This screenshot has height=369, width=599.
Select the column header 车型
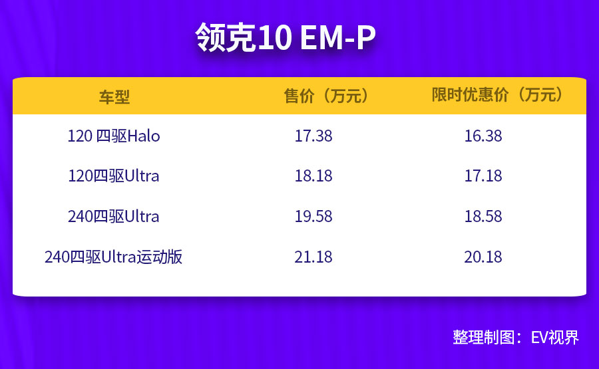(114, 96)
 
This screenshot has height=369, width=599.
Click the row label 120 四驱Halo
(114, 136)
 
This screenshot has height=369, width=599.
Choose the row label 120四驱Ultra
(114, 176)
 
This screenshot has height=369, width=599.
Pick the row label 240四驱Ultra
(114, 216)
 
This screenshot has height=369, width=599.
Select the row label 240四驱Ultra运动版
(114, 257)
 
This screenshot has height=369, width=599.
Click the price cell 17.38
(313, 136)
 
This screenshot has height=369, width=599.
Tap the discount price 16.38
(483, 136)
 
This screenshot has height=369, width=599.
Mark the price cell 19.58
(313, 216)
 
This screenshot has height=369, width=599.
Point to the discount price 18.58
(483, 216)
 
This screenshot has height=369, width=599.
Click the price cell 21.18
(313, 257)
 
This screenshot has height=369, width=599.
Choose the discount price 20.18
(483, 257)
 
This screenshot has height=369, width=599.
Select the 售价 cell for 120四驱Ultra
(313, 176)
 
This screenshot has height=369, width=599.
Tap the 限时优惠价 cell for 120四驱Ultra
(483, 176)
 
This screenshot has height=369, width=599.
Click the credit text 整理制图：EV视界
(516, 336)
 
